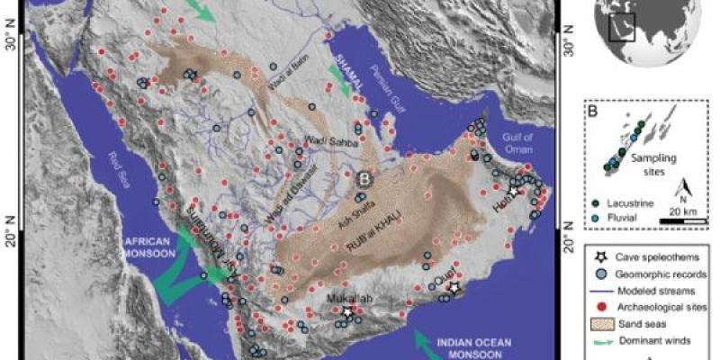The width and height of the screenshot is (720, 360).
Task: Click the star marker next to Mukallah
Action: click(348, 312)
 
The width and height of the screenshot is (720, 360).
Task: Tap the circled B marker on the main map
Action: click(364, 178)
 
